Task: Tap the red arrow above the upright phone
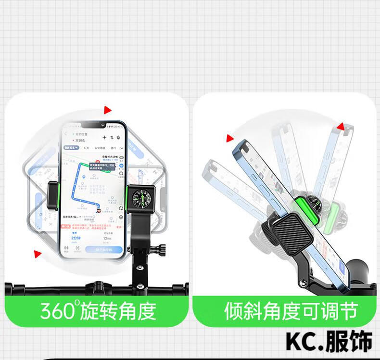point(107,110)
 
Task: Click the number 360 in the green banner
point(57,311)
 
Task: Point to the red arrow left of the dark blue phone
point(229,139)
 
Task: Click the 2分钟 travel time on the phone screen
point(76,238)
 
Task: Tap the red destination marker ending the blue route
point(99,209)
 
